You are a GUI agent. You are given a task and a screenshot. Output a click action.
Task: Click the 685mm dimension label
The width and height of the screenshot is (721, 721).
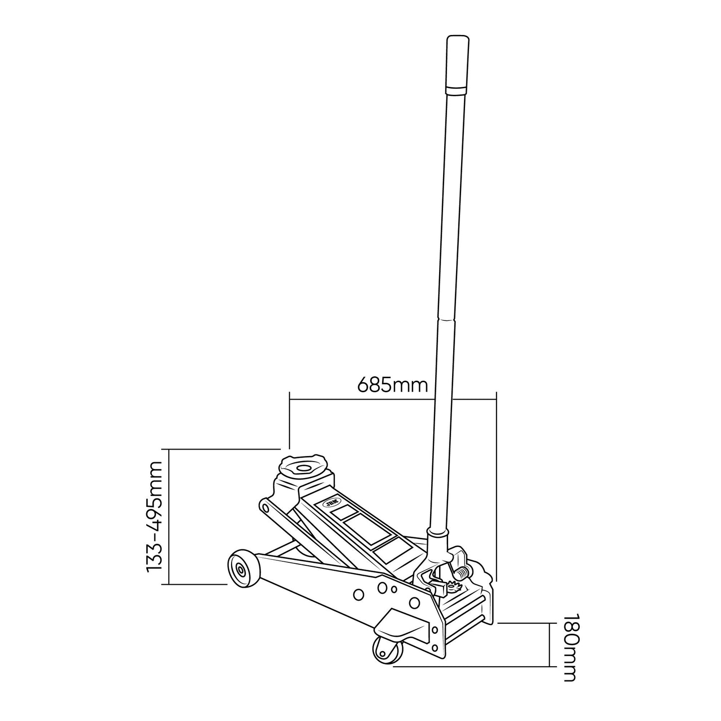[392, 385]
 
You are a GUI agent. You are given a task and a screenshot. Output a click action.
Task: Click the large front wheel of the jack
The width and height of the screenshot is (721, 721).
[243, 569]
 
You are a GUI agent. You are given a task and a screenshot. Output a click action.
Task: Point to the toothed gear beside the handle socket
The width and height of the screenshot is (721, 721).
[454, 587]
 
